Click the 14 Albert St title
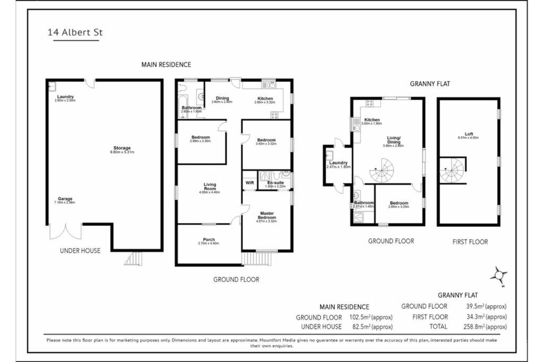pos(75,32)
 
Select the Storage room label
pos(122,148)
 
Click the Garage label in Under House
pos(65,199)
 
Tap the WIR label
pos(250,183)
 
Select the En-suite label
pos(275,183)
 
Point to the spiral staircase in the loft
pos(452,170)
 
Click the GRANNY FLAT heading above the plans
pos(430,84)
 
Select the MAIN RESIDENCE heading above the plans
pos(166,65)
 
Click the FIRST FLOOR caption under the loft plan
pos(470,242)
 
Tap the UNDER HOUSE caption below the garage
pos(80,251)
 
